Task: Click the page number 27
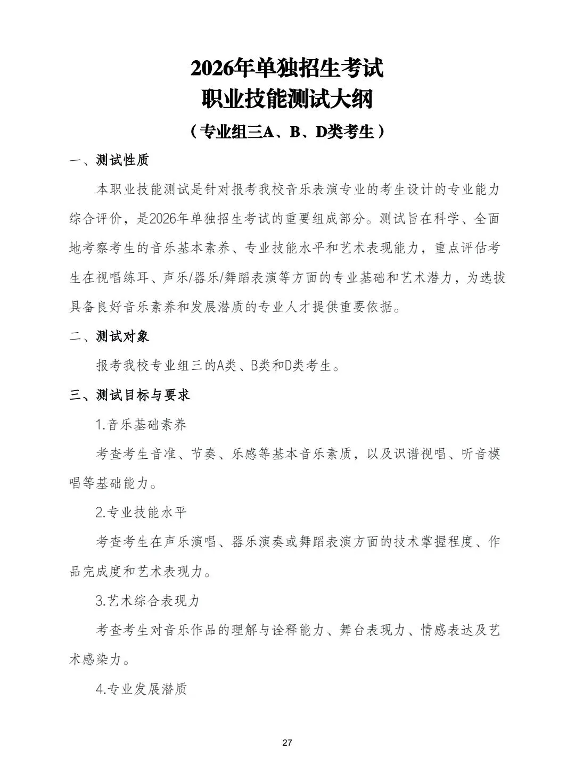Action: tap(287, 743)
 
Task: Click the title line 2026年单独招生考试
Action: tap(287, 69)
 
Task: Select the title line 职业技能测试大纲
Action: tap(287, 100)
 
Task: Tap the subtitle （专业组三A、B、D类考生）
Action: tap(287, 131)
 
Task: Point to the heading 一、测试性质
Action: tap(109, 160)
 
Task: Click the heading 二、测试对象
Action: tap(109, 336)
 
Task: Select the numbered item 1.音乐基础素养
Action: tap(141, 425)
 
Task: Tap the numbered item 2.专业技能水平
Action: tap(141, 513)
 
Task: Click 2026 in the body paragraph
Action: tap(162, 219)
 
